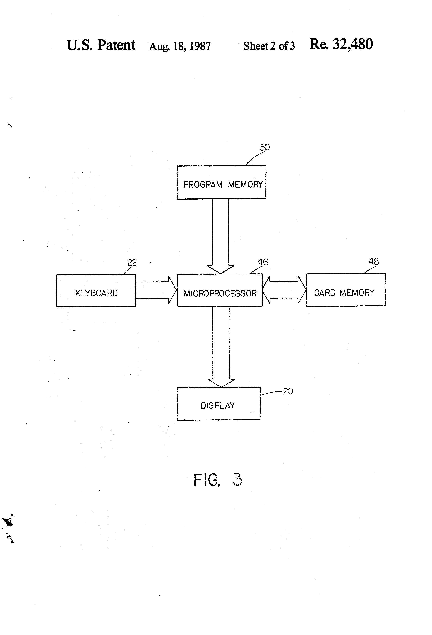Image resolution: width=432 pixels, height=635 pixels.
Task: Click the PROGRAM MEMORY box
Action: (x=221, y=182)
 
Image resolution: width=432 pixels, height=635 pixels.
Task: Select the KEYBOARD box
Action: (x=96, y=291)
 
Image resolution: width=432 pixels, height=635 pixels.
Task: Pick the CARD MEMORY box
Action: (x=345, y=290)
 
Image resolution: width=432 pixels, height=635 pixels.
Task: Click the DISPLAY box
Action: (x=219, y=404)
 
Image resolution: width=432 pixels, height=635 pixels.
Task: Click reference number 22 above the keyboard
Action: (x=132, y=263)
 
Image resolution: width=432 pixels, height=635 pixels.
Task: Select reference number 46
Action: (x=263, y=262)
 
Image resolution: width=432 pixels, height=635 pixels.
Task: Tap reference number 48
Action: (x=374, y=261)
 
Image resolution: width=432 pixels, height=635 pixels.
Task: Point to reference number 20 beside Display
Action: (x=288, y=391)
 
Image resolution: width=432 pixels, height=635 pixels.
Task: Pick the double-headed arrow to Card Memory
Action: (x=284, y=290)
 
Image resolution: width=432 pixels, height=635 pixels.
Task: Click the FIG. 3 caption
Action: (x=218, y=480)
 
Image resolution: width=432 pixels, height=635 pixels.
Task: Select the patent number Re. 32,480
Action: (x=341, y=44)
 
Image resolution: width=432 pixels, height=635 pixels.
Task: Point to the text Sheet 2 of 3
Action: (x=269, y=46)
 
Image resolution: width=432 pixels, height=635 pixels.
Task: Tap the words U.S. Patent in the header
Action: (x=101, y=45)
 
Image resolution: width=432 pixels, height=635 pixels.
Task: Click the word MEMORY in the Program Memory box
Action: (x=245, y=185)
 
